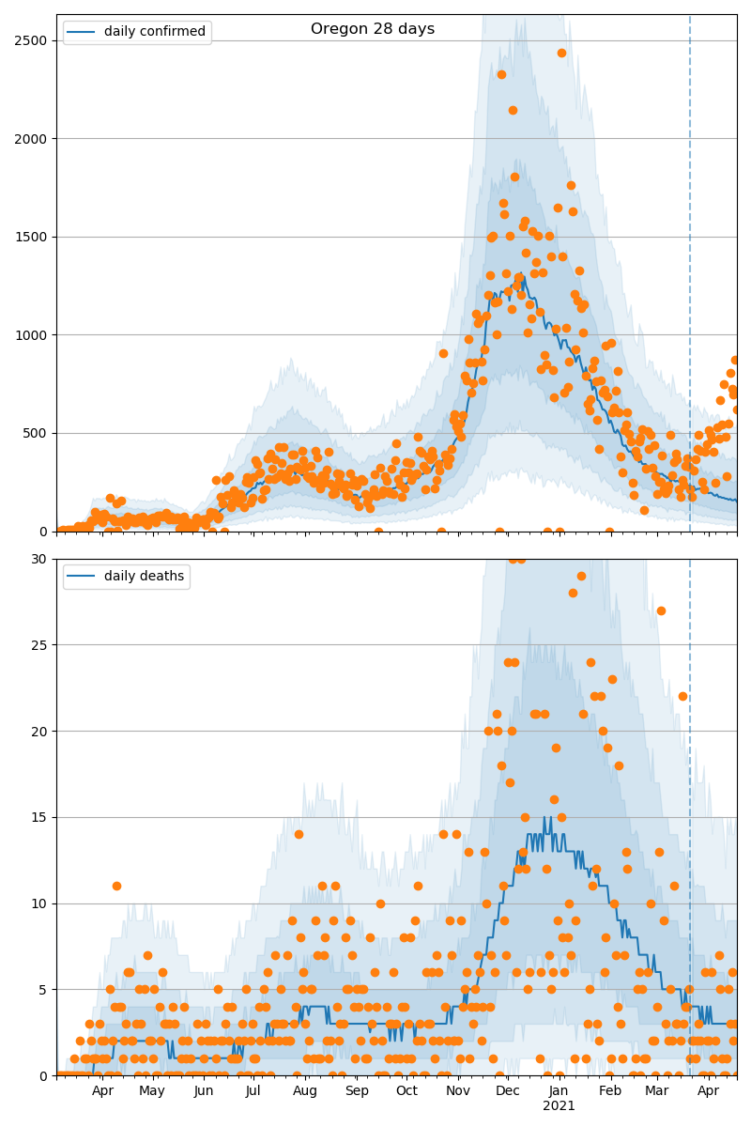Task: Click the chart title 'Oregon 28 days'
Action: tap(373, 29)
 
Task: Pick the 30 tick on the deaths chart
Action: tap(42, 559)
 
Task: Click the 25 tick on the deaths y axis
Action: tap(42, 645)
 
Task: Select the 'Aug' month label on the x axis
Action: tap(305, 1090)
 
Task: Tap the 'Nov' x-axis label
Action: tap(458, 1090)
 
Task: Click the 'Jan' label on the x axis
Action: tap(559, 1090)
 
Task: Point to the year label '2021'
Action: tap(559, 1106)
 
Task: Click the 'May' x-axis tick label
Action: tap(152, 1090)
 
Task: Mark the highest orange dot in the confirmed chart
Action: tap(561, 53)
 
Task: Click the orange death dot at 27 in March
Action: tap(661, 610)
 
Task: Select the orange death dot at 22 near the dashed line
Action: tap(682, 696)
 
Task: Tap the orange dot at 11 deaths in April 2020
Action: tap(116, 886)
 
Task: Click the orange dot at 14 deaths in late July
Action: tap(299, 834)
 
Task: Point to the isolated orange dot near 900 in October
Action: tap(443, 353)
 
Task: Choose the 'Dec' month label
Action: tap(508, 1090)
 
